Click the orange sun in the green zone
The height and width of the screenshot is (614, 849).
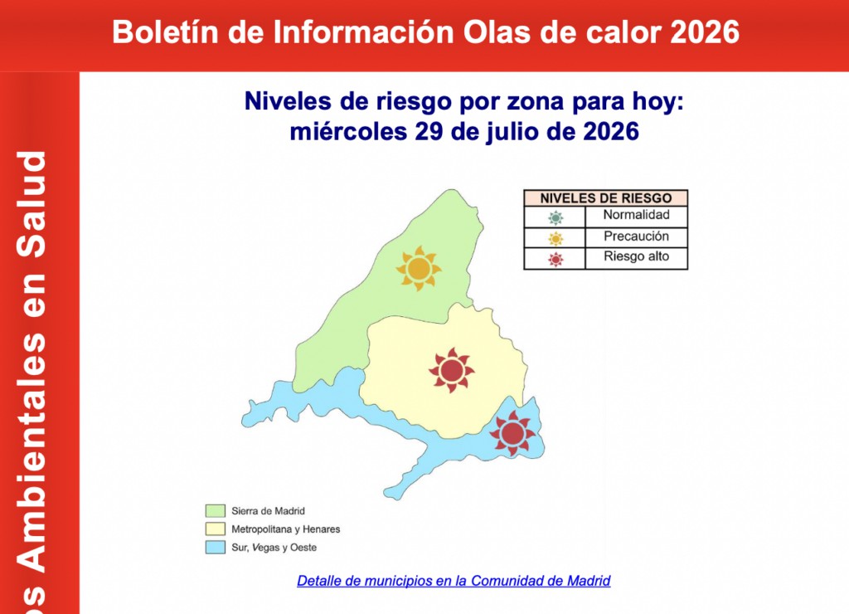[419, 268]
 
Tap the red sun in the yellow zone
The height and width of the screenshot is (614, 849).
[452, 370]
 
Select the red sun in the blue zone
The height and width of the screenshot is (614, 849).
[512, 433]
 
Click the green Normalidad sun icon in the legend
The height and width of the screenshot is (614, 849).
[555, 218]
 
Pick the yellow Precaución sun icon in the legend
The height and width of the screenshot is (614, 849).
[555, 238]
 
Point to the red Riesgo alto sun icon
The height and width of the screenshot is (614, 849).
[555, 260]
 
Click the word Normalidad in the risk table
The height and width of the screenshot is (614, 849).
[636, 215]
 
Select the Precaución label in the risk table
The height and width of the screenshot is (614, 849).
[636, 236]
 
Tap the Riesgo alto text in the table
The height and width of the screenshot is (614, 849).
[636, 256]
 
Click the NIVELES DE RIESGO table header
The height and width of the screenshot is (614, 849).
[606, 198]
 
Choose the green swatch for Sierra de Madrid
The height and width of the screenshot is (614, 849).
[215, 511]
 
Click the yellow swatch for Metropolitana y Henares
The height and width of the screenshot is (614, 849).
[215, 529]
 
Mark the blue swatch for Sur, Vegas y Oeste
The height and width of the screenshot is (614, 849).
[215, 548]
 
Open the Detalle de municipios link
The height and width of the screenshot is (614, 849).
[454, 581]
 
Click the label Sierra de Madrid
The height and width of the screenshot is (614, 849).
[268, 511]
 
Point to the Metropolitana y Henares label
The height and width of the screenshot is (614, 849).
[286, 529]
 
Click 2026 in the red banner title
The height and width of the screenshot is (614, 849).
[705, 32]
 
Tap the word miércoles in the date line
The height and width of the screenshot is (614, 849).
[348, 132]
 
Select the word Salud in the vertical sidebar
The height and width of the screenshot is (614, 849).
[32, 204]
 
